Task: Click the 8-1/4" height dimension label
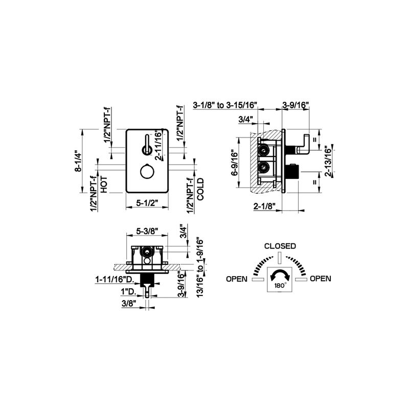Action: [x=78, y=161]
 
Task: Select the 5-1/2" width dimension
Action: [x=147, y=202]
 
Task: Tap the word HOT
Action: [x=104, y=185]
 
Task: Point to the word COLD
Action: [x=200, y=189]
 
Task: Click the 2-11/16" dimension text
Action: [x=158, y=145]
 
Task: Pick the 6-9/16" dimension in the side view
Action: [x=235, y=164]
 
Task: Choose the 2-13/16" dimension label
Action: [x=328, y=161]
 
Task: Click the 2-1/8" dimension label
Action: [x=264, y=206]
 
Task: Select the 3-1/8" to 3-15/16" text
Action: [x=225, y=105]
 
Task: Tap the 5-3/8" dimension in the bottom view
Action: [x=147, y=231]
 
